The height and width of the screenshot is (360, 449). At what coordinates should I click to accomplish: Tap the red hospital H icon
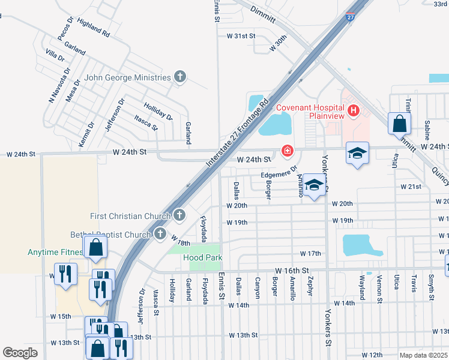point(354,110)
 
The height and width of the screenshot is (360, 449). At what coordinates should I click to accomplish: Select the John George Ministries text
point(128,77)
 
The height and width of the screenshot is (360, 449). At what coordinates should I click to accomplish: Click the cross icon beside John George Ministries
point(179,76)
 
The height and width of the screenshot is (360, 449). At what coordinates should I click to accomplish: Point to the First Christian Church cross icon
point(179,215)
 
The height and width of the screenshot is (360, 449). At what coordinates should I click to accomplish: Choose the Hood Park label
point(203,257)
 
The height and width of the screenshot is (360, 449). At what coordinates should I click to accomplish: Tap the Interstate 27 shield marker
point(351,17)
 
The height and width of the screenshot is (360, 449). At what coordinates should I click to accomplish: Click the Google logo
point(20,352)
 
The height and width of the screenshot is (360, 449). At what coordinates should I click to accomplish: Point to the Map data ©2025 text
point(423,355)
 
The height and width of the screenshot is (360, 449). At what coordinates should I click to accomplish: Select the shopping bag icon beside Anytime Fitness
point(95,247)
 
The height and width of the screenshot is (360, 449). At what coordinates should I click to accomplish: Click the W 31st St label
point(241,37)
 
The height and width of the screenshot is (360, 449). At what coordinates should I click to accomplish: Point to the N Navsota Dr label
point(56,91)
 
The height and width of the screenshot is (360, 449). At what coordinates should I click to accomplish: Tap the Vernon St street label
point(379,287)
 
